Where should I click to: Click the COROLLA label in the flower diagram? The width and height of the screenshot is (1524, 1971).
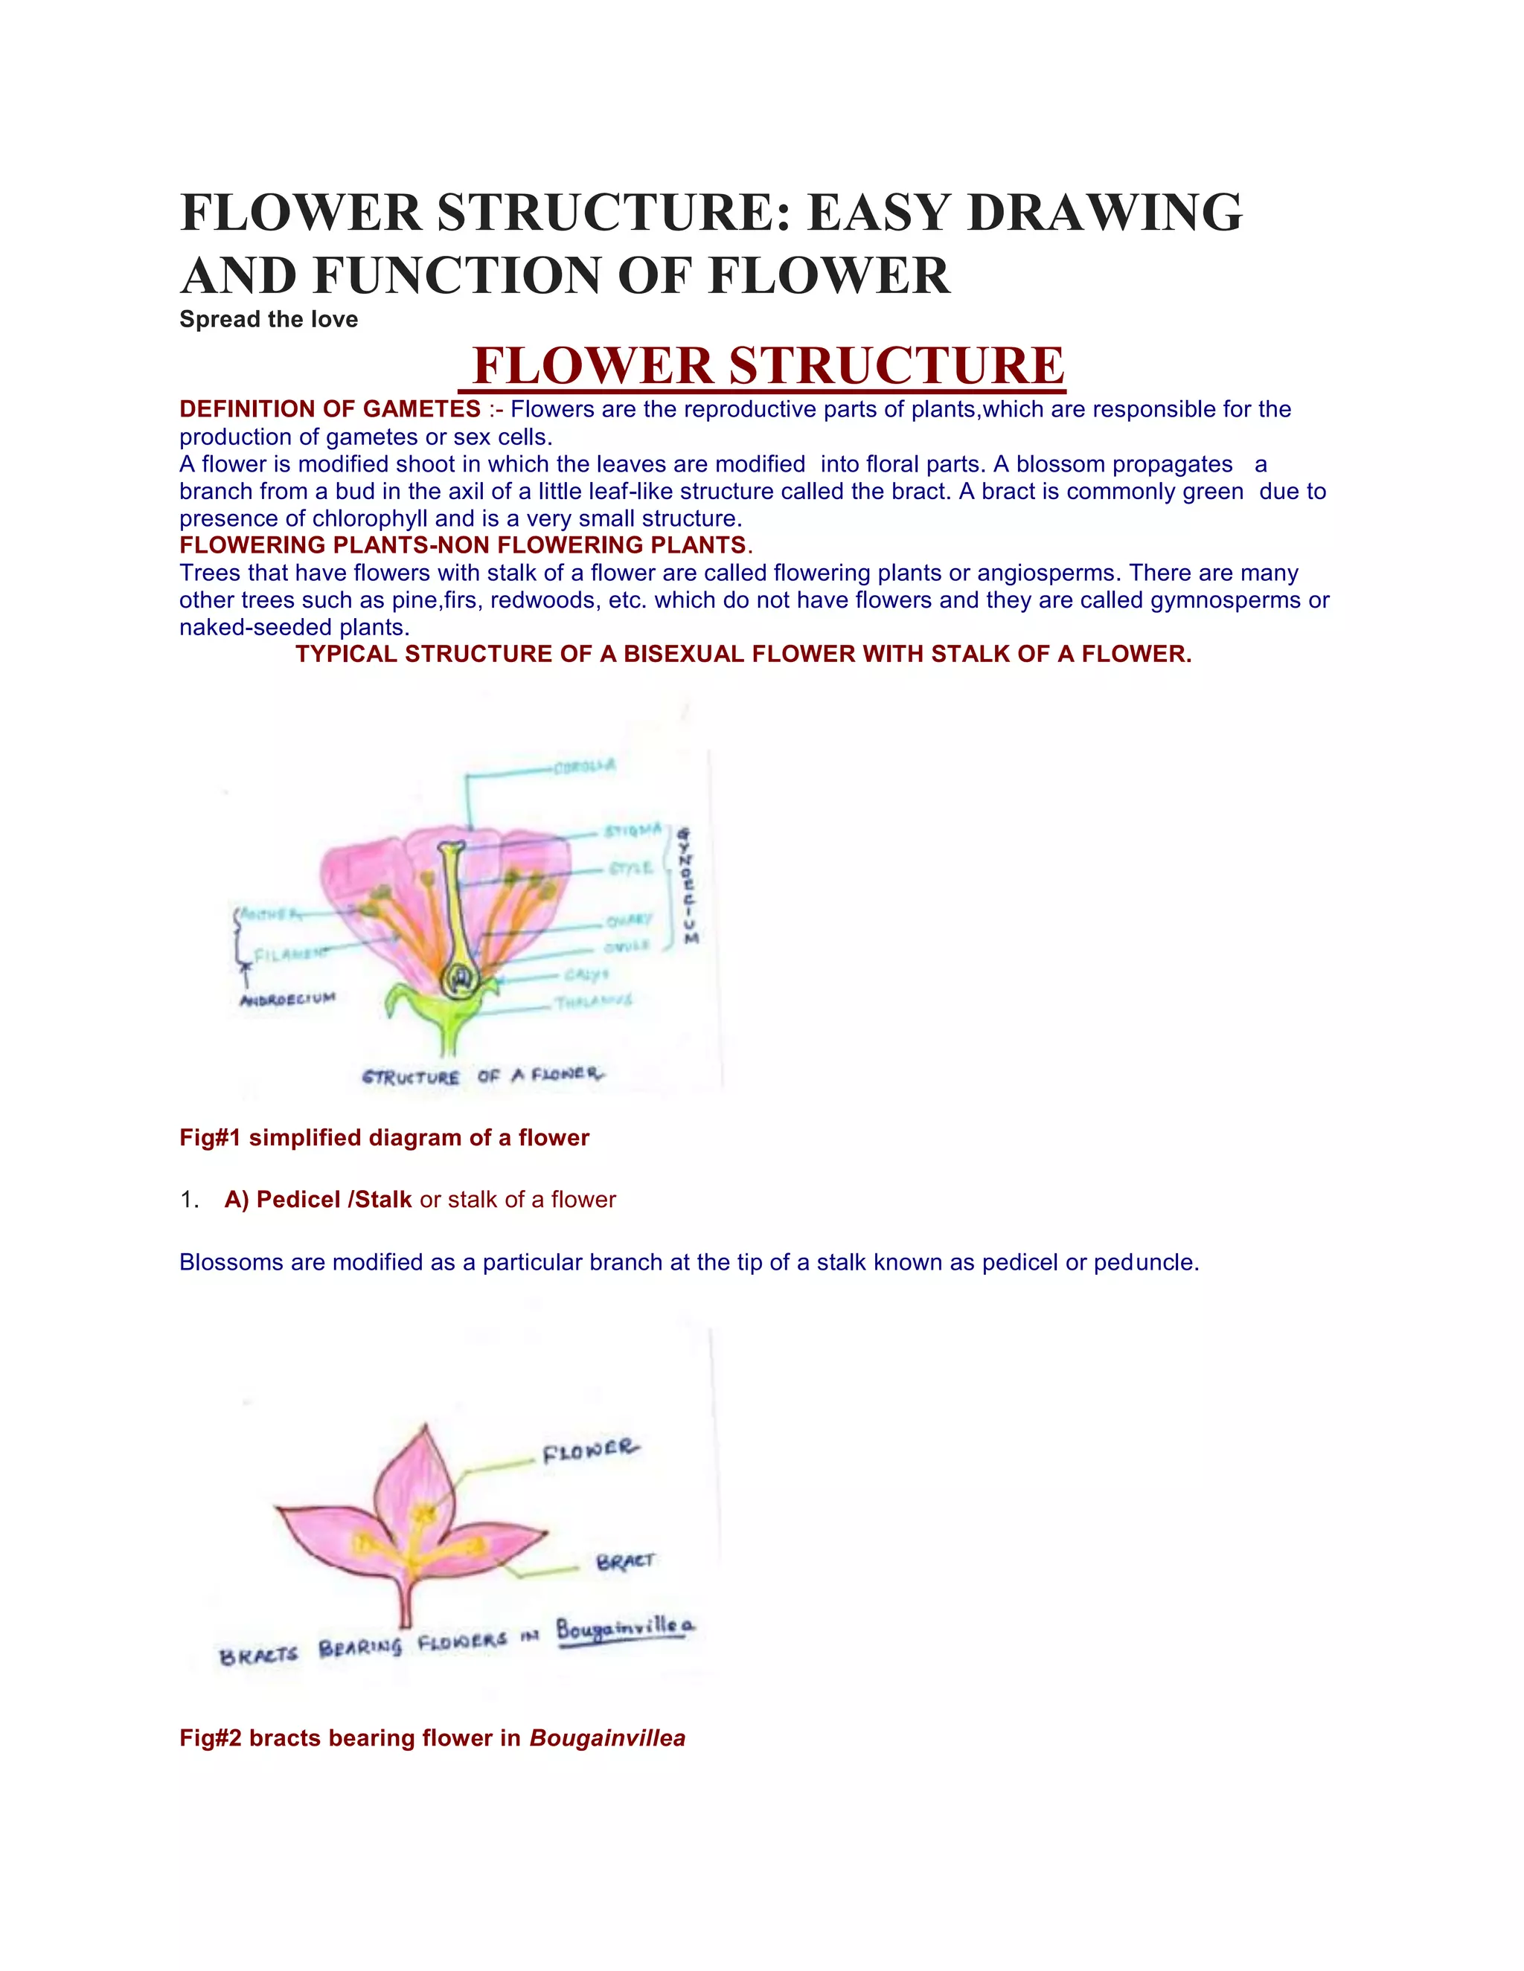(584, 766)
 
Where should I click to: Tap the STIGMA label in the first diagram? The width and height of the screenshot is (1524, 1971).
(633, 829)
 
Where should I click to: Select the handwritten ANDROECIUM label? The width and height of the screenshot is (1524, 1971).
(288, 998)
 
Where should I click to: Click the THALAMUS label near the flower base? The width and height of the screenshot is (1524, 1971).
(593, 1001)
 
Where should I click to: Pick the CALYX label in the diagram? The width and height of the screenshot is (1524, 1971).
(587, 974)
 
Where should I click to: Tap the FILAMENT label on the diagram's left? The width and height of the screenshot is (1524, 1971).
(289, 953)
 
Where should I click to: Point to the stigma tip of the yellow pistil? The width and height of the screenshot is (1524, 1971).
(452, 849)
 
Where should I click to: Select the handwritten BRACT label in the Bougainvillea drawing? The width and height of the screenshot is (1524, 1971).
(625, 1562)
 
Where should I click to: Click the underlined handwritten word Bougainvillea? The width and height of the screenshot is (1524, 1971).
(625, 1629)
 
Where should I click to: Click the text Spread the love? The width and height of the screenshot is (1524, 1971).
(268, 320)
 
